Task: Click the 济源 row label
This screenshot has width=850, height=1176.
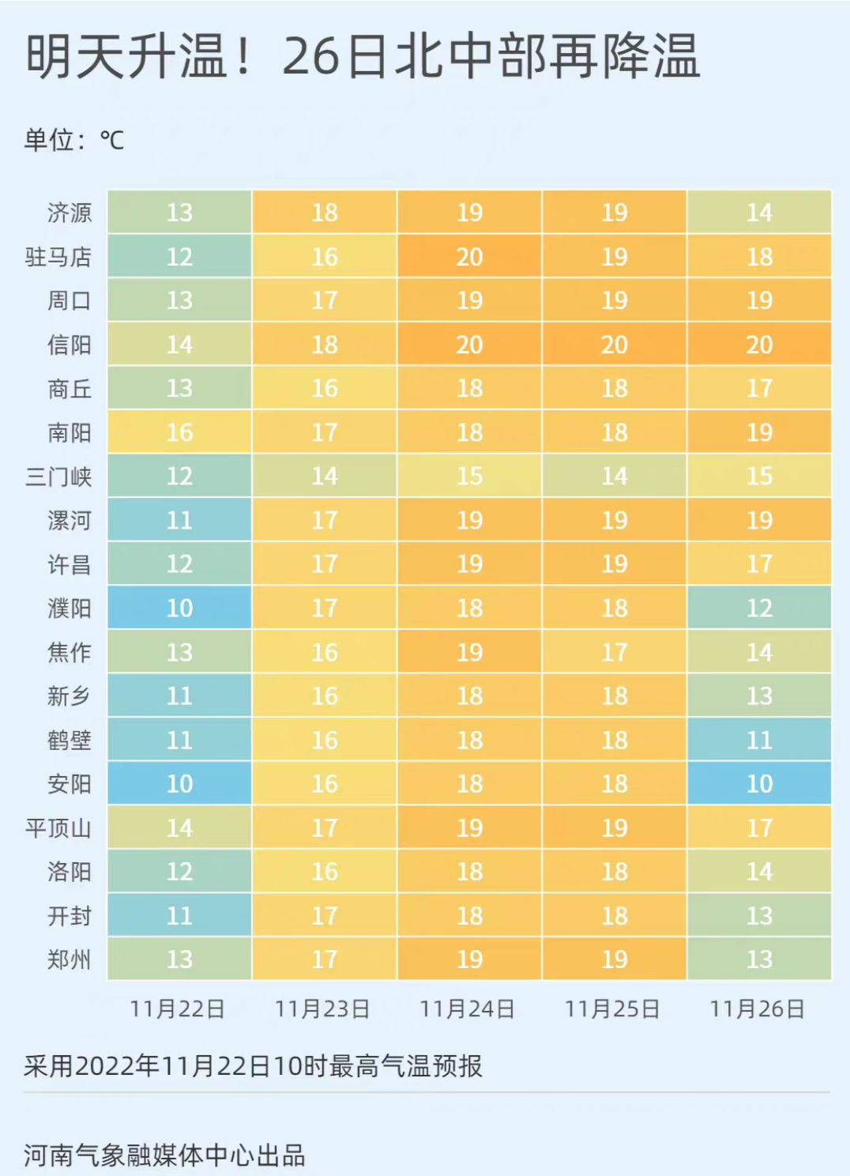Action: point(70,213)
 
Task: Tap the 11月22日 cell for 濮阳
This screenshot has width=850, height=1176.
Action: point(179,608)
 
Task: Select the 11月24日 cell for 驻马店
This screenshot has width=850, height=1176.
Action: point(469,256)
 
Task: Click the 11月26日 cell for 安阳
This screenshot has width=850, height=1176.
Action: point(759,783)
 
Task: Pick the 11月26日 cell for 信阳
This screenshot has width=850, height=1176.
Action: point(759,345)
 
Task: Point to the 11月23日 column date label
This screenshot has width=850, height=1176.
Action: point(322,1009)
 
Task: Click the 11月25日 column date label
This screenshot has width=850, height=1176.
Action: point(612,1009)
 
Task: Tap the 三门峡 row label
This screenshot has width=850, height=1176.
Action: point(58,477)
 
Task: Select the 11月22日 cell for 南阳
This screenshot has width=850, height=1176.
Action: point(179,432)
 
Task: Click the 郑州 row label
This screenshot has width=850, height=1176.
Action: point(70,959)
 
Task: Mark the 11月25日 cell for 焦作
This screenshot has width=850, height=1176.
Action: point(614,652)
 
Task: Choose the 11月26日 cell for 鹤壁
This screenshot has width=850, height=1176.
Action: point(759,740)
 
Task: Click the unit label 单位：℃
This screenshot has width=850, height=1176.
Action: point(74,141)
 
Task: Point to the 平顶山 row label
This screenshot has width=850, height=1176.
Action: point(58,828)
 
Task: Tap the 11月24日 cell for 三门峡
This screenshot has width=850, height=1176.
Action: point(469,476)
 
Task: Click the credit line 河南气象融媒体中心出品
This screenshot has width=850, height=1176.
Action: point(164,1155)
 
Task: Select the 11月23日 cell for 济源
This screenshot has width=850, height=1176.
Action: point(324,213)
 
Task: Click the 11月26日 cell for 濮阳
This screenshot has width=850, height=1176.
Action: point(759,608)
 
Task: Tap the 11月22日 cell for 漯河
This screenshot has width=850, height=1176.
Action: point(179,520)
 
